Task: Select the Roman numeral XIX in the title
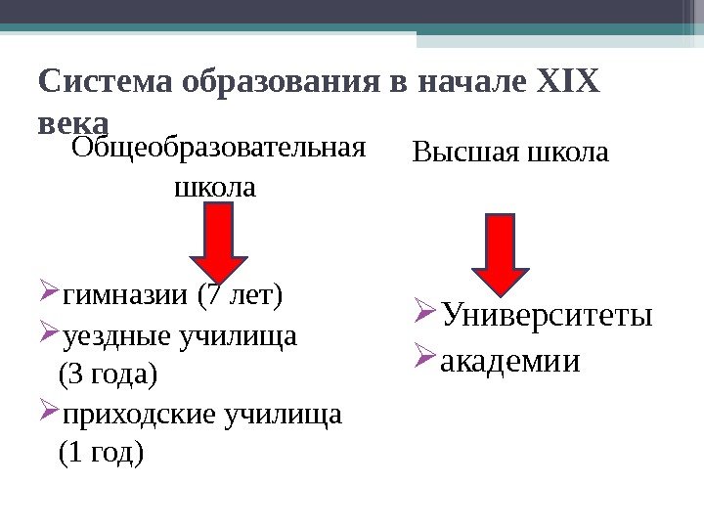pos(566,81)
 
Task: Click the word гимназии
pos(126,293)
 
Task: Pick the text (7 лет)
pos(240,293)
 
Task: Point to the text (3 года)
pos(108,374)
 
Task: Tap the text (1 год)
pos(101,452)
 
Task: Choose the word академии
pos(510,362)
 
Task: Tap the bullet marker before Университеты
pos(425,316)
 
